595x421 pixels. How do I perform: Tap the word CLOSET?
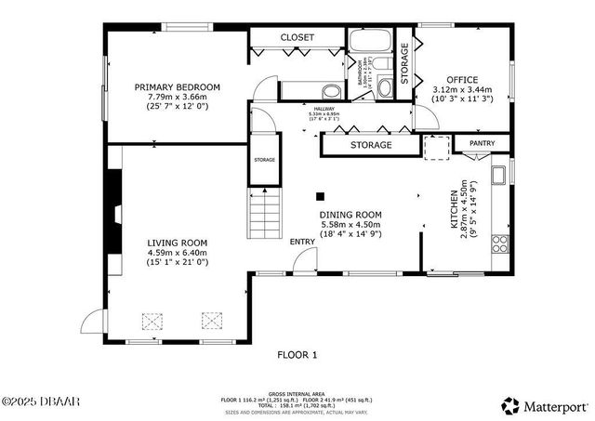(x=297, y=37)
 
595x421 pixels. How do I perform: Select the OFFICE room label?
(x=462, y=80)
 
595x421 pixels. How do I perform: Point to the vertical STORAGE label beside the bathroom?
(x=404, y=64)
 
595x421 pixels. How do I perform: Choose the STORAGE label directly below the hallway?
(x=371, y=146)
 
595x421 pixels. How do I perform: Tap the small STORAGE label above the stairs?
(x=265, y=161)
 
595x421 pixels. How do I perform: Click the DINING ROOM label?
(x=350, y=214)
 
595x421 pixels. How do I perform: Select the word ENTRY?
(x=302, y=243)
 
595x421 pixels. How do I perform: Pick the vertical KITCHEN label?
(x=455, y=210)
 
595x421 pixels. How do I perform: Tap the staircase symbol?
(x=264, y=213)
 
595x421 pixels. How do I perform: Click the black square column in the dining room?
(x=320, y=196)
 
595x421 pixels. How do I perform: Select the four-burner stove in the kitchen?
(x=500, y=243)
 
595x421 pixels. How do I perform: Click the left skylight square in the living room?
(x=152, y=321)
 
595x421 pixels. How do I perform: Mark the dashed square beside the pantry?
(x=436, y=148)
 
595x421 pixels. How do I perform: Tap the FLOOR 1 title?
(x=297, y=354)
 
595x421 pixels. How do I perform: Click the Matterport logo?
(x=544, y=405)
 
